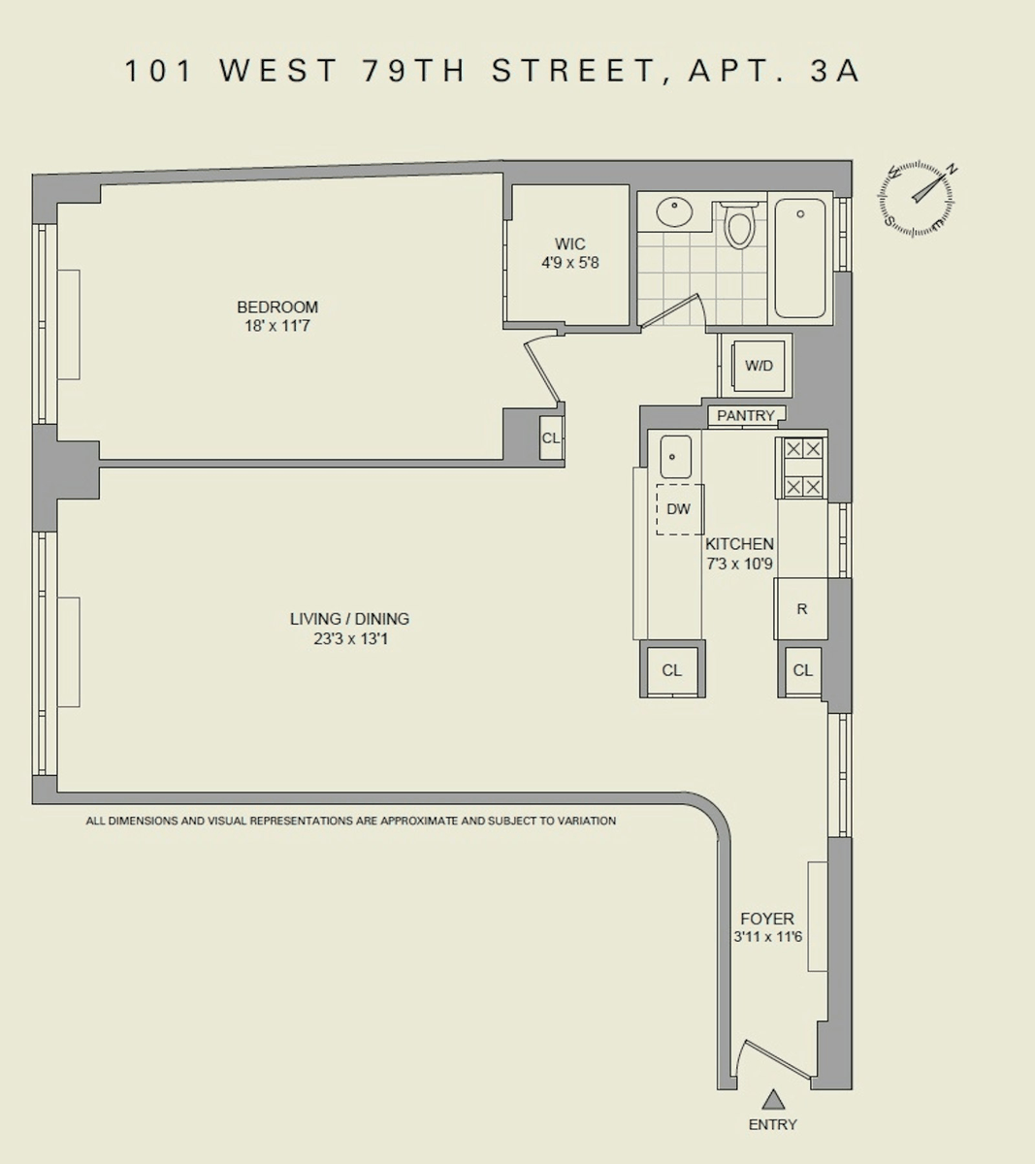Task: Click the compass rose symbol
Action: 916,200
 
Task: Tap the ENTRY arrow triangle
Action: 773,1099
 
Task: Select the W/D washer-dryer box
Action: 759,366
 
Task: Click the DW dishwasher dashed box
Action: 680,509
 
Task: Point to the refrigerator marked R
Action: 801,608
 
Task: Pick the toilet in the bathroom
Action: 739,225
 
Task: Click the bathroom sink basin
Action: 674,212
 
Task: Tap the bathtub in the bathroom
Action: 800,258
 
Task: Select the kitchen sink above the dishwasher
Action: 675,457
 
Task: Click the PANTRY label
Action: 745,415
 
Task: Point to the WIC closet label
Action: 570,243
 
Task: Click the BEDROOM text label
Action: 277,307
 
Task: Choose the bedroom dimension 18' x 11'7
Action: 277,326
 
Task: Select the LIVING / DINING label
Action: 349,619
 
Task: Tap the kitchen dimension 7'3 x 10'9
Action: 739,564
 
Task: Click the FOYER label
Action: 767,918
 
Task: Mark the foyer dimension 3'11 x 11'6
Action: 768,936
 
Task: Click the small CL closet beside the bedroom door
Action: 551,437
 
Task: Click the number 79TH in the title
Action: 414,71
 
